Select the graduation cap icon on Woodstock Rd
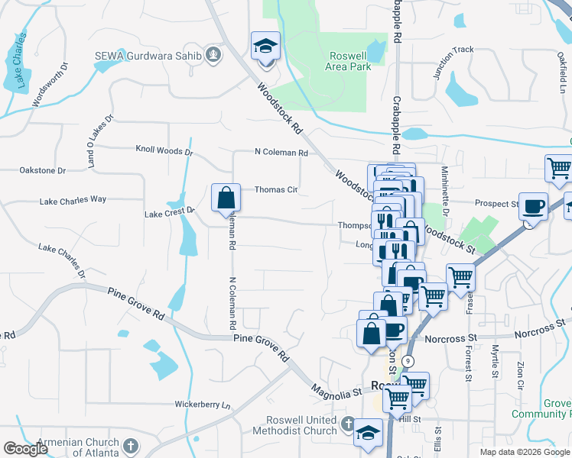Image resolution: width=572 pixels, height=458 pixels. click(265, 47)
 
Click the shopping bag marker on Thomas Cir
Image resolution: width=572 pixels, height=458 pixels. click(226, 197)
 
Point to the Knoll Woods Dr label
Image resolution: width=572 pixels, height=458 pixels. click(164, 150)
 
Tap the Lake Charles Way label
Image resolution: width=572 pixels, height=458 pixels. click(73, 200)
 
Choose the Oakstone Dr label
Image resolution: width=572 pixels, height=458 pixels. click(43, 170)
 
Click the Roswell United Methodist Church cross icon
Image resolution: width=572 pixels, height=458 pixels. click(349, 424)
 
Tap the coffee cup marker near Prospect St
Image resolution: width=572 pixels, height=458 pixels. click(533, 205)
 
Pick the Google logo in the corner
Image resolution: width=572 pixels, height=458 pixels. click(25, 449)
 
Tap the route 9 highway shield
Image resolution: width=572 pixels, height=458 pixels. click(411, 360)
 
